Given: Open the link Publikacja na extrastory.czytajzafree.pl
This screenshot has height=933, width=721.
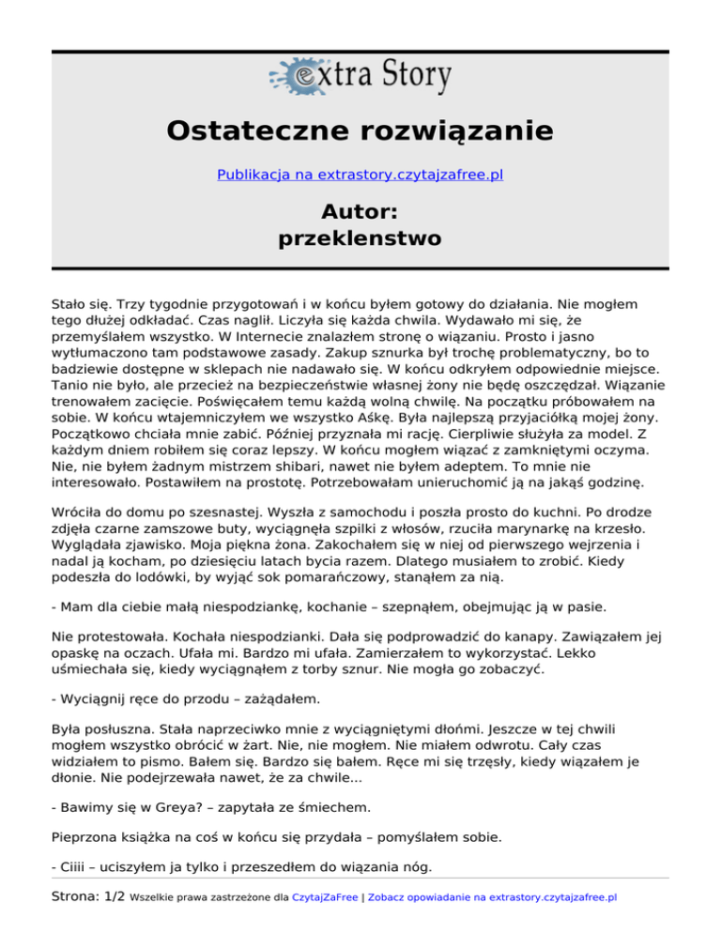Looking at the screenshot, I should [x=360, y=175].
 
